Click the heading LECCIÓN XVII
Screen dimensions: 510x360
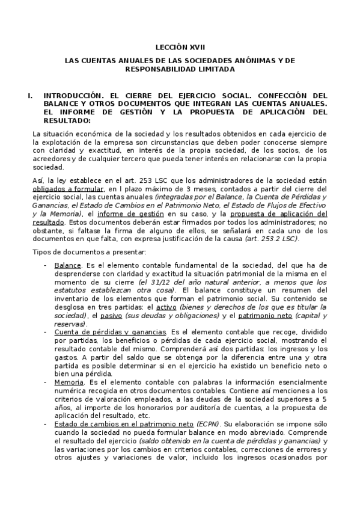click(180, 46)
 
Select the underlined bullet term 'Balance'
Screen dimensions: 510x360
click(67, 265)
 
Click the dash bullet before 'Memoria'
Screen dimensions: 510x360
click(46, 382)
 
